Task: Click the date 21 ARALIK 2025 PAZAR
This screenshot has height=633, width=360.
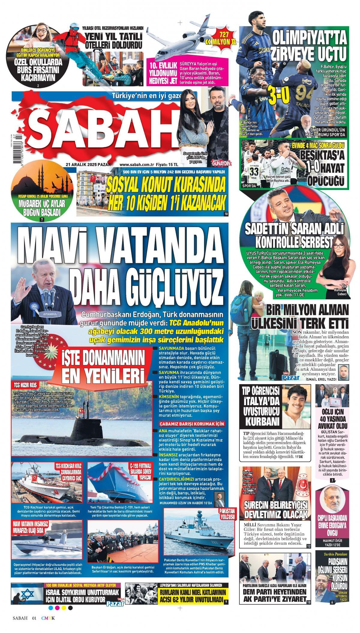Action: pos(88,164)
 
